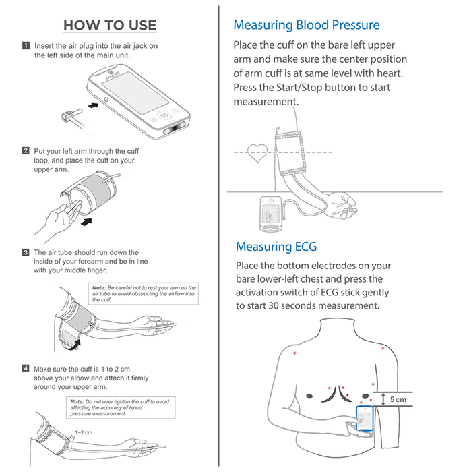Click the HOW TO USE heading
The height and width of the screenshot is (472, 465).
click(x=110, y=26)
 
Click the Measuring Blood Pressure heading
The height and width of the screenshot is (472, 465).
click(x=306, y=26)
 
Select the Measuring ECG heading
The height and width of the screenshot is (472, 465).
click(x=276, y=246)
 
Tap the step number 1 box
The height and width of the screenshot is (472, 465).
click(x=26, y=46)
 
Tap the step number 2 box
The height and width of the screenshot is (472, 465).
click(x=26, y=151)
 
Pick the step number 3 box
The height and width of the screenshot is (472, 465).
click(x=26, y=252)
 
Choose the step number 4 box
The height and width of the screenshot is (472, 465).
click(x=26, y=369)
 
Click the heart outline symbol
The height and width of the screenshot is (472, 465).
click(x=256, y=153)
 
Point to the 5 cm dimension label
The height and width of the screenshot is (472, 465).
click(x=398, y=399)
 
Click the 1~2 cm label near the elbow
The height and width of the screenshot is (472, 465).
click(x=83, y=432)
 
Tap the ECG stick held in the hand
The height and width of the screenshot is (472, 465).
click(x=364, y=417)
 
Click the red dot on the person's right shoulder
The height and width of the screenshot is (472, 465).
click(x=294, y=352)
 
